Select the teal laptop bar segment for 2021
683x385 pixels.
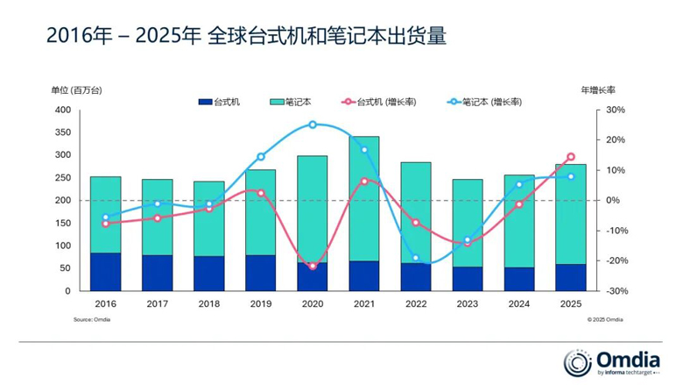pyautogui.click(x=364, y=197)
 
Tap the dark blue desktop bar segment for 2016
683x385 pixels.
pyautogui.click(x=106, y=271)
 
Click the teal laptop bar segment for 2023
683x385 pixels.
pyautogui.click(x=468, y=223)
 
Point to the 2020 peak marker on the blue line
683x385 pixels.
pyautogui.click(x=313, y=125)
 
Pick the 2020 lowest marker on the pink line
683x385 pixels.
pyautogui.click(x=313, y=266)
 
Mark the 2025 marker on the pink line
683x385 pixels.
pyautogui.click(x=571, y=157)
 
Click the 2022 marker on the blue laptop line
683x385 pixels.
pyautogui.click(x=416, y=258)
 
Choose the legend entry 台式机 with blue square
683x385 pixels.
pyautogui.click(x=220, y=102)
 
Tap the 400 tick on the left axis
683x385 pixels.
pyautogui.click(x=62, y=111)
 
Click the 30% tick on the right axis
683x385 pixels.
pyautogui.click(x=615, y=111)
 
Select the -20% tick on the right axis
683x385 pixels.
pyautogui.click(x=616, y=260)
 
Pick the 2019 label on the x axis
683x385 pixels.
pyautogui.click(x=261, y=303)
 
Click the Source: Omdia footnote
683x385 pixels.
pyautogui.click(x=91, y=320)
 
